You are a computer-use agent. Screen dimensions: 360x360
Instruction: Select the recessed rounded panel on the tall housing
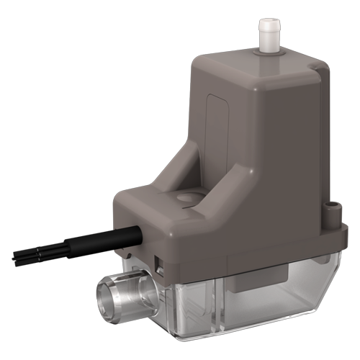216,122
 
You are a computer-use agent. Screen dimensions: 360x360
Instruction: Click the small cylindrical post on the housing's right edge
331,210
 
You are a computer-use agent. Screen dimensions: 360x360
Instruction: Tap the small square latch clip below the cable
161,269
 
